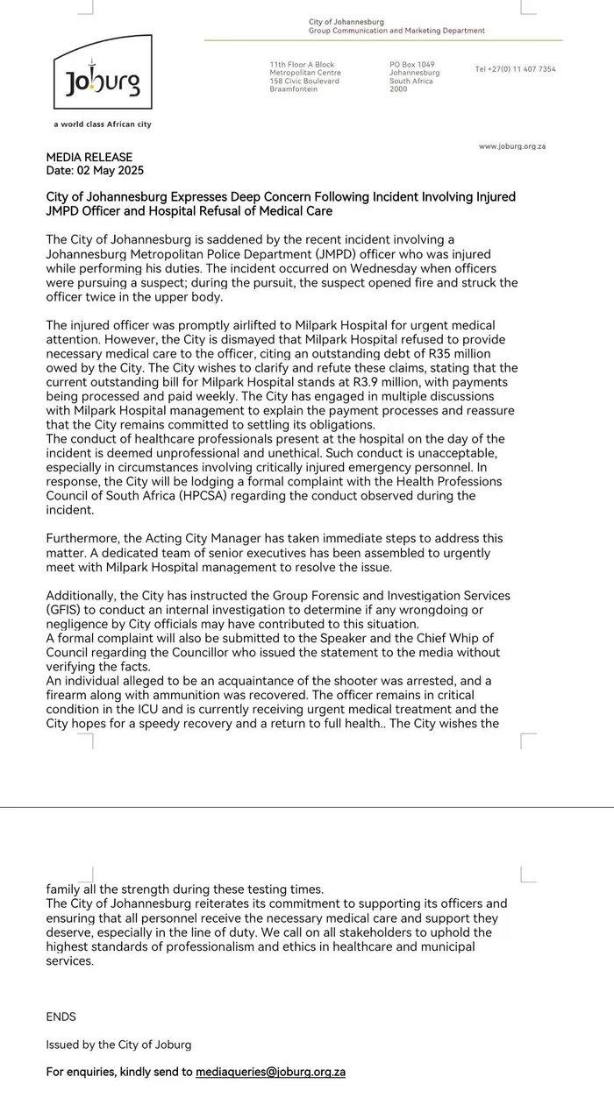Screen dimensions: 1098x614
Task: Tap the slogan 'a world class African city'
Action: click(103, 124)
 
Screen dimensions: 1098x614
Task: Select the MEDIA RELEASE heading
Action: click(89, 158)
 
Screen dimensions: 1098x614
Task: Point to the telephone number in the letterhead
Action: click(515, 69)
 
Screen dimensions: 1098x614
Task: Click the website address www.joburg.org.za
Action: click(512, 146)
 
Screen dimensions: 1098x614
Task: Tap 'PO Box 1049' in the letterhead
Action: click(412, 65)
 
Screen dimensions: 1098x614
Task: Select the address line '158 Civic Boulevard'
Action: click(304, 81)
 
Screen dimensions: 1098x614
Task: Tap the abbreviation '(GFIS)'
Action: click(65, 609)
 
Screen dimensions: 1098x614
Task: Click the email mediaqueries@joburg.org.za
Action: click(270, 1071)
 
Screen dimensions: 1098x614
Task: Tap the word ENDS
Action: click(61, 1017)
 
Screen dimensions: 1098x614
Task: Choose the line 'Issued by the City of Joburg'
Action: click(118, 1045)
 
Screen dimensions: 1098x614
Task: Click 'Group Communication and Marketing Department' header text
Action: click(396, 31)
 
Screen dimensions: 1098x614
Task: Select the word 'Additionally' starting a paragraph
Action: click(81, 595)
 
